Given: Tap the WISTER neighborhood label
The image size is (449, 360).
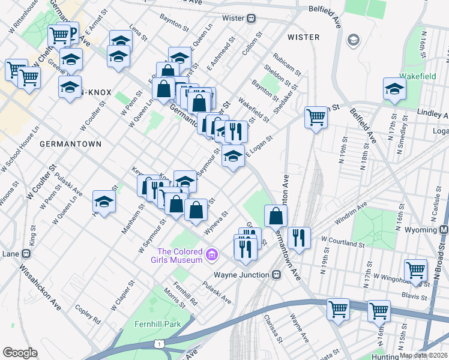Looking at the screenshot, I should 303,37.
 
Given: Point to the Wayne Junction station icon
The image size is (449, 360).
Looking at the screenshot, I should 276,275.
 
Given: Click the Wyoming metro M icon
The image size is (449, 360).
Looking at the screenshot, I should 444,230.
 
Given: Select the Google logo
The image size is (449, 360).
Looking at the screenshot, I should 20,353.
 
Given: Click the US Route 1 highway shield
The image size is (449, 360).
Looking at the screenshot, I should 158,343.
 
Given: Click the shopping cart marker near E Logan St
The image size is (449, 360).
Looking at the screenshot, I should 316,117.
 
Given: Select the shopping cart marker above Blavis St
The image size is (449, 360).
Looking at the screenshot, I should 415,269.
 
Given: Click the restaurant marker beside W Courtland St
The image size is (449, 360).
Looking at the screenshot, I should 298,238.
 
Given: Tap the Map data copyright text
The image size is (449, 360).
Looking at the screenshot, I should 423,355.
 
